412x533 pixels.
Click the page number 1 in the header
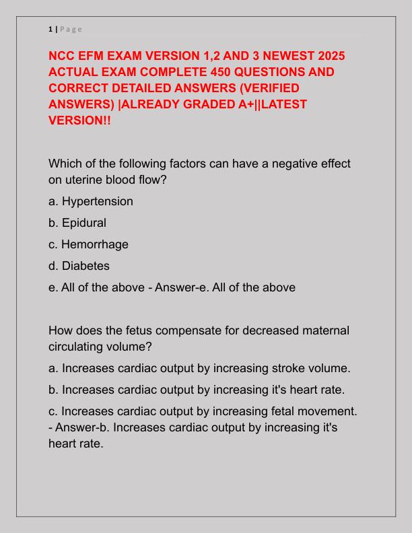[x=50, y=28]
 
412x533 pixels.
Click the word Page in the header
[x=71, y=28]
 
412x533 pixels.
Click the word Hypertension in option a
[x=98, y=201]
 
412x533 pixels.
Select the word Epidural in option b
[x=84, y=223]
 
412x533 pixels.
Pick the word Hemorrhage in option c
[x=95, y=244]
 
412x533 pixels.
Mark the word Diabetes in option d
[x=85, y=266]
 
